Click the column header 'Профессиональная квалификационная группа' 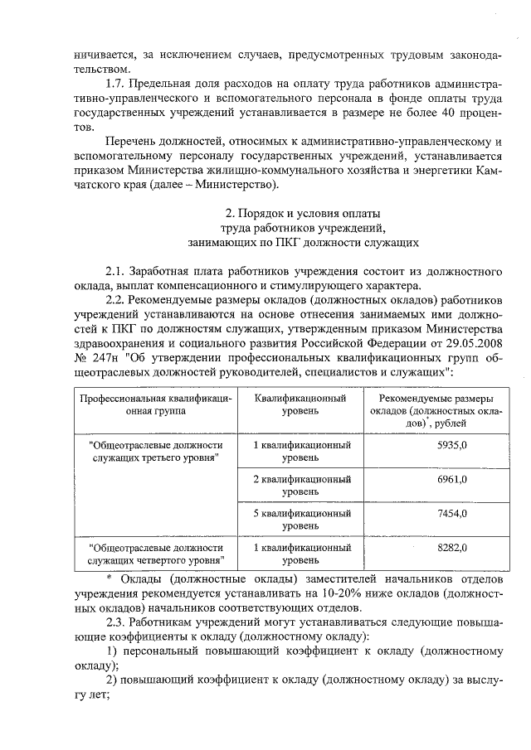point(155,404)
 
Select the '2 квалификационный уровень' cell point(301,486)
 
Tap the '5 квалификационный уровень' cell point(301,520)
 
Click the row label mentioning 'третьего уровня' point(155,451)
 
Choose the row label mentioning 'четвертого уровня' point(155,554)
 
